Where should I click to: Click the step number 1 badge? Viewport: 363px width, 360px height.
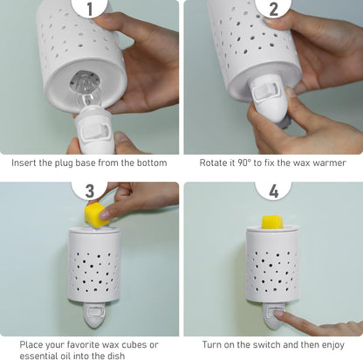pos(90,8)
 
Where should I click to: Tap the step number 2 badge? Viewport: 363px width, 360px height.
pos(273,8)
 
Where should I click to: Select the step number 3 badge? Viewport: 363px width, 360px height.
pos(90,190)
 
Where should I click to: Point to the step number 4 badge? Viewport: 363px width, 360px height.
pos(273,190)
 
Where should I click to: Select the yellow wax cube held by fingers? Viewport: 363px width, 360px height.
pos(97,215)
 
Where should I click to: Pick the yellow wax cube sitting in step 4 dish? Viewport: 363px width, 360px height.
pos(273,222)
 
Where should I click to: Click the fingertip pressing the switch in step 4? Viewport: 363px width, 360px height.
pos(278,314)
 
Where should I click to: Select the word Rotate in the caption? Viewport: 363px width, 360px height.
pos(212,163)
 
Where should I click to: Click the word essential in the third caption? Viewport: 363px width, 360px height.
pos(38,356)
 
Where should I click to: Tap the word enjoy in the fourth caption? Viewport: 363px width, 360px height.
pos(333,345)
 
